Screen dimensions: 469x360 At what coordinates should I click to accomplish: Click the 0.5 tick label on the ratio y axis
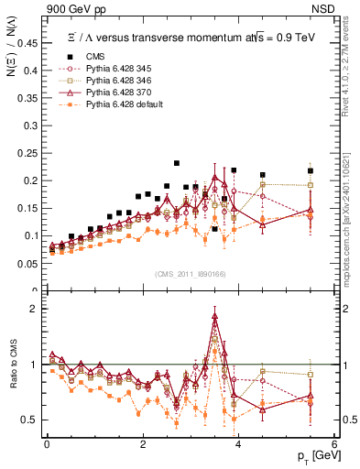[30, 420]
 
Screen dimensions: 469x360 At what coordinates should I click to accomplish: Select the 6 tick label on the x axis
[333, 444]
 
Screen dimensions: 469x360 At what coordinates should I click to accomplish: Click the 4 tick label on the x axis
[238, 444]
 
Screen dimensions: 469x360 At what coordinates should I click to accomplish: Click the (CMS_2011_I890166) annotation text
[191, 274]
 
